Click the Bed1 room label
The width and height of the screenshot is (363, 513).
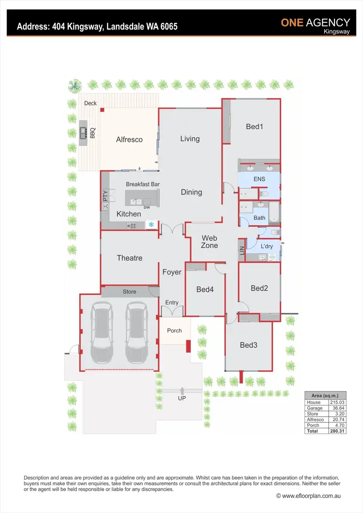pos(254,127)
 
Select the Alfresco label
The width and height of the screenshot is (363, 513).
pos(129,139)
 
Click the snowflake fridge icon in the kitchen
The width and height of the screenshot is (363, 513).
pos(151,225)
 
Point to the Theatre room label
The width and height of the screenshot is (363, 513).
pos(129,258)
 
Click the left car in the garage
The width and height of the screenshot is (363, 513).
pos(103,332)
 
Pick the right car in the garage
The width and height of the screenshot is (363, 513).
pos(136,332)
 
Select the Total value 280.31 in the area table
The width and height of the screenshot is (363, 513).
pos(337,431)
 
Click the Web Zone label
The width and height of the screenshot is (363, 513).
pos(210,241)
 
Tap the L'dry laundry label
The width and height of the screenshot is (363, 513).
pos(266,246)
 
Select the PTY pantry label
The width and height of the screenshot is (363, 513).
pos(105,196)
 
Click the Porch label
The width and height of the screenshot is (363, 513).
pos(174,331)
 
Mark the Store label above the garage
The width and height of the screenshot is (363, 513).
pos(129,292)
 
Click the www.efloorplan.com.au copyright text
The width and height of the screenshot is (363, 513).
pos(309,496)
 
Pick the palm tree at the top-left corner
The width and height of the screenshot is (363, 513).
pos(75,87)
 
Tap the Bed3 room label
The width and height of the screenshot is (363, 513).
pos(248,345)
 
